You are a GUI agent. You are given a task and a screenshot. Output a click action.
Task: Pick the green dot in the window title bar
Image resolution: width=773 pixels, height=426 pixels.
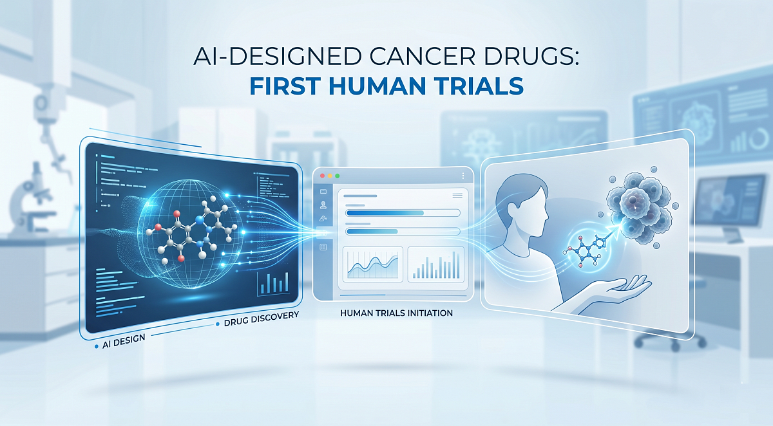pyautogui.click(x=337, y=176)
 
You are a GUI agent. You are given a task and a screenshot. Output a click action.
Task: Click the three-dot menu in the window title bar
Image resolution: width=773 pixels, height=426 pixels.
pyautogui.click(x=463, y=176)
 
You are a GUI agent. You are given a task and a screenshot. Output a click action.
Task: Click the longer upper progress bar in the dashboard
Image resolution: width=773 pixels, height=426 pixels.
pyautogui.click(x=403, y=212)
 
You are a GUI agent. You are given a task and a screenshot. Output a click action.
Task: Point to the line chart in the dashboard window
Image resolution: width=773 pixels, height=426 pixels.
pyautogui.click(x=373, y=264)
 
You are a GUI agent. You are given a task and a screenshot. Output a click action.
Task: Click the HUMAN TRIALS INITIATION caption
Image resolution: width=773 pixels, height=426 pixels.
pyautogui.click(x=397, y=313)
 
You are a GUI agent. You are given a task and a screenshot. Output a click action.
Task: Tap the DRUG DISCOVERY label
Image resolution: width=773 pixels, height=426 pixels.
pyautogui.click(x=260, y=316)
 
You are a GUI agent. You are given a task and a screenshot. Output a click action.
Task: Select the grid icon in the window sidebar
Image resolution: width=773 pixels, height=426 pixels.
pyautogui.click(x=323, y=247)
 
